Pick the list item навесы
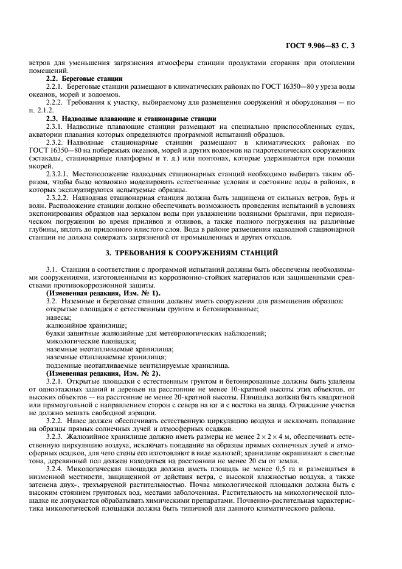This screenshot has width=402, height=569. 59,317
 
